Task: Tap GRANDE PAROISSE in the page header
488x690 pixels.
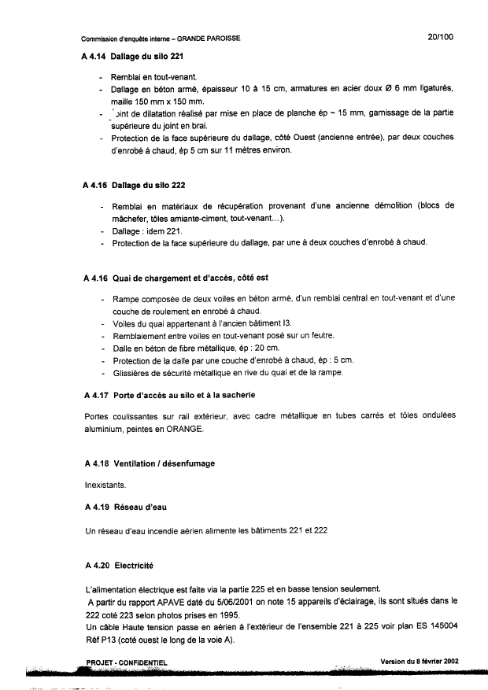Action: [209, 38]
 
